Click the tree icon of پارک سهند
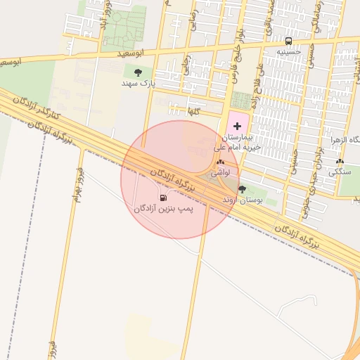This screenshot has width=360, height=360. pyautogui.click(x=138, y=72)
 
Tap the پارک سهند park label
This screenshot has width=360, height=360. pyautogui.click(x=138, y=84)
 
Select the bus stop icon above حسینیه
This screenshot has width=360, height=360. pyautogui.click(x=288, y=41)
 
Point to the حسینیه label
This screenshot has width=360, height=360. pyautogui.click(x=288, y=51)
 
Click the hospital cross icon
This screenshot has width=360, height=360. pyautogui.click(x=236, y=125)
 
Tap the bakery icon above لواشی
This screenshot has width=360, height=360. pyautogui.click(x=220, y=162)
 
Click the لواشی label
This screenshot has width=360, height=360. pyautogui.click(x=220, y=172)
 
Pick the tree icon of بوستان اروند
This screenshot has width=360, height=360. pyautogui.click(x=243, y=189)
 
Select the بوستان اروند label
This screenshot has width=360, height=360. pyautogui.click(x=243, y=200)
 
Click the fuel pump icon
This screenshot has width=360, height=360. pyautogui.click(x=163, y=198)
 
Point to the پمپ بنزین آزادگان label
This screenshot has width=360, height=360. pyautogui.click(x=163, y=209)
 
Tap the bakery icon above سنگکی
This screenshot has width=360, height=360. pyautogui.click(x=340, y=161)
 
